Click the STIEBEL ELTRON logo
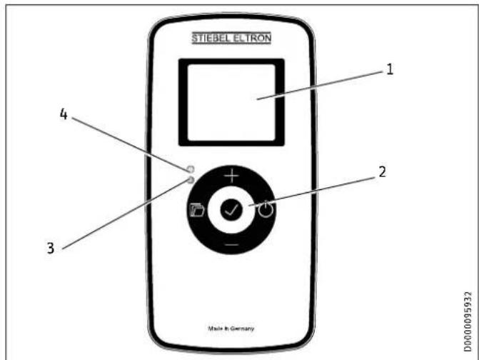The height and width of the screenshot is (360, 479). click(x=231, y=38)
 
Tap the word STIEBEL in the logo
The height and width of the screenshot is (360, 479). click(x=211, y=38)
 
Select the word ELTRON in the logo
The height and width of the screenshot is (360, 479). click(x=252, y=38)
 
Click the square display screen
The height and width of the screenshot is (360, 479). click(x=231, y=102)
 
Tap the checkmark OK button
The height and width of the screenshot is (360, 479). click(x=231, y=210)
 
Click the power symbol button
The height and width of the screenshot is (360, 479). click(x=266, y=210)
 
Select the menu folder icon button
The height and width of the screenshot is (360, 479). click(x=197, y=210)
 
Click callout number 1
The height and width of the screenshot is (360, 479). click(x=390, y=70)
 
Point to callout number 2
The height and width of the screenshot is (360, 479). click(x=382, y=172)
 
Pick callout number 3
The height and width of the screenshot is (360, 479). click(x=51, y=248)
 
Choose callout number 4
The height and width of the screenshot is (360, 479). click(x=64, y=114)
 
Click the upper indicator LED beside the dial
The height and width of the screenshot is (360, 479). click(x=191, y=169)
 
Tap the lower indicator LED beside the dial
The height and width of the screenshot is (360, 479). click(x=191, y=180)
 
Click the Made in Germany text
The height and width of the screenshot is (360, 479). click(x=231, y=329)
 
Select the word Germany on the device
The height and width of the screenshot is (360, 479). click(x=242, y=329)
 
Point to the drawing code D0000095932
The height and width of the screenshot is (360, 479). click(x=468, y=322)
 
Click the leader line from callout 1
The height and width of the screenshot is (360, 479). click(x=320, y=85)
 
